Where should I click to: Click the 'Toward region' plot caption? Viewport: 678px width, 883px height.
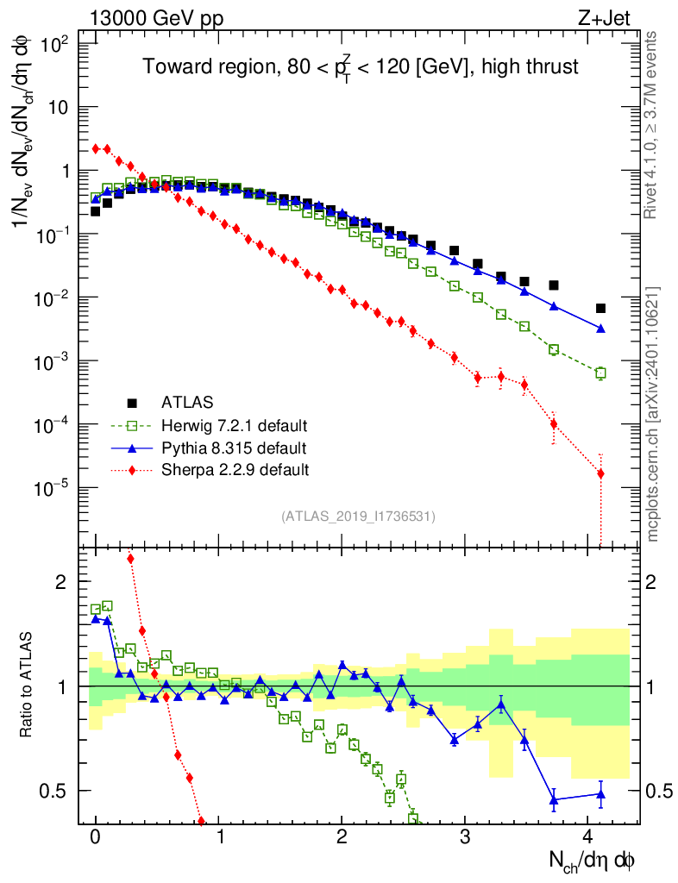pos(360,67)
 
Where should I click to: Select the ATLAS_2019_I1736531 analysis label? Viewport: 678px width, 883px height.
pos(358,517)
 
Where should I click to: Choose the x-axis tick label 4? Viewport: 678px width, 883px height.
pos(588,836)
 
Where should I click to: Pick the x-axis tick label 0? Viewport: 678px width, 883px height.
pos(96,836)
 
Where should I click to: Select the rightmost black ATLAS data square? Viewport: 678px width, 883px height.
pos(600,308)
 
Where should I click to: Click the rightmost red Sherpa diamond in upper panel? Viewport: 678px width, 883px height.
pos(600,473)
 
